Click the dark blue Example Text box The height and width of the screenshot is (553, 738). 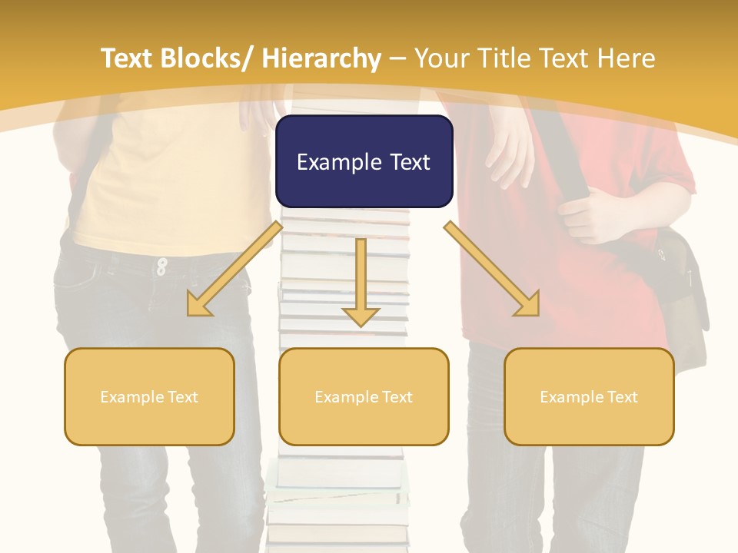coord(364,161)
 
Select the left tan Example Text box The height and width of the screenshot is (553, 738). coord(149,396)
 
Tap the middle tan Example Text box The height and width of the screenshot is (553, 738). coord(364,396)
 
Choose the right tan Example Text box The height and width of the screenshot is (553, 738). coord(589,396)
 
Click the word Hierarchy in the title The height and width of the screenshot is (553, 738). coord(321,58)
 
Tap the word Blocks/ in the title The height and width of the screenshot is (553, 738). coord(206,58)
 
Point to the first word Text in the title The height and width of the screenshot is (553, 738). coord(128,58)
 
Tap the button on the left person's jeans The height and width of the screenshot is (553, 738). coord(161,266)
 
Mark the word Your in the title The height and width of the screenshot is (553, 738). coord(443,58)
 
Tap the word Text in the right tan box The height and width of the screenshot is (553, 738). coord(622,396)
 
